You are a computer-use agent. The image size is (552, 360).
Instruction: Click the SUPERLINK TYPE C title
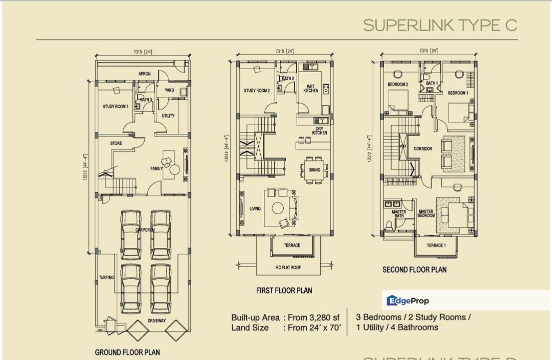440,25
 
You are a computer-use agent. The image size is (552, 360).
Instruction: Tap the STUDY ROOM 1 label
116,106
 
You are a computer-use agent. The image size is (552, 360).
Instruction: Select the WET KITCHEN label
311,88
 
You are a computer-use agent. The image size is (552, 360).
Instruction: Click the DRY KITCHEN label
320,130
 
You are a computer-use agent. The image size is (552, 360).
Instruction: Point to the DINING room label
314,170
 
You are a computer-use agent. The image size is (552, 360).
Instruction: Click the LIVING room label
255,208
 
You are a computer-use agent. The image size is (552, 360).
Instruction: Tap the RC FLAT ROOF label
289,267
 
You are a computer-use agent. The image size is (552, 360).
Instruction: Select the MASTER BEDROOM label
426,213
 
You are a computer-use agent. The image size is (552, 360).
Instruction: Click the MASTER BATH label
399,213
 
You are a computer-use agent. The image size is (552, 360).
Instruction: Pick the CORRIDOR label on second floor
423,149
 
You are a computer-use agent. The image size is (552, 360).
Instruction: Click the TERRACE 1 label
436,245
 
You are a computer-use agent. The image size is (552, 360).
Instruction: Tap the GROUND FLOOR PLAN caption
127,352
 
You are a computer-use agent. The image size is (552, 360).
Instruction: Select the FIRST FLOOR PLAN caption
284,290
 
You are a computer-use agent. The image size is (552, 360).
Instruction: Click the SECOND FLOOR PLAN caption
414,270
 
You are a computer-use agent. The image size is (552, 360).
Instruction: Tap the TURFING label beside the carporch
106,277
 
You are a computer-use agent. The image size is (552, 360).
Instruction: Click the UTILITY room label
168,116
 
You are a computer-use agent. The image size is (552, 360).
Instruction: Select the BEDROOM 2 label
398,84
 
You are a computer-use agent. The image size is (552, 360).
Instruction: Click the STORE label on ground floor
116,143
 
